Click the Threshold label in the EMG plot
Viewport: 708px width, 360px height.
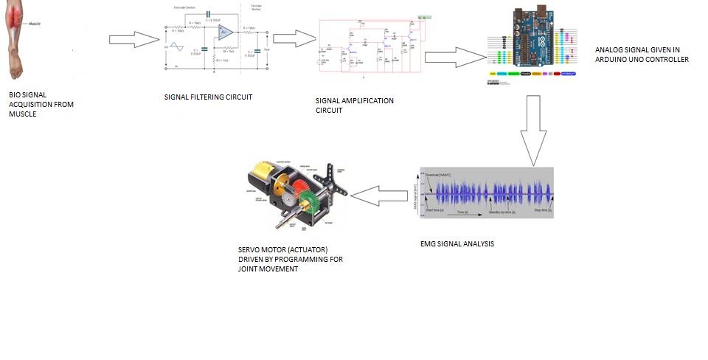point(438,174)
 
